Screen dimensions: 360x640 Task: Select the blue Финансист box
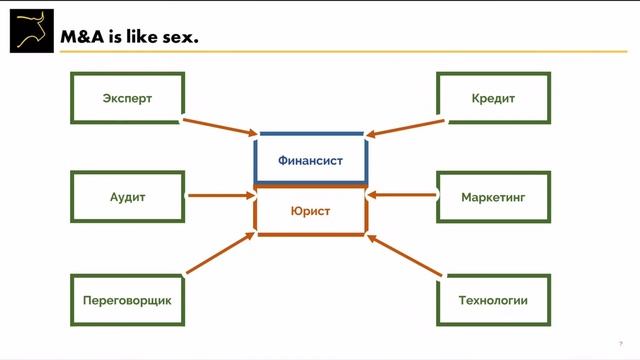pyautogui.click(x=310, y=158)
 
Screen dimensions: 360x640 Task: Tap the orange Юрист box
pyautogui.click(x=310, y=211)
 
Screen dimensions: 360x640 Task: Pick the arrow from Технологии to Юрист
pyautogui.click(x=404, y=254)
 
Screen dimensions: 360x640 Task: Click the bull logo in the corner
pyautogui.click(x=31, y=29)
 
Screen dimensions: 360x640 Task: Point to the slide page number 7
pyautogui.click(x=621, y=342)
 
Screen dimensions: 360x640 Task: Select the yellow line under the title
pyautogui.click(x=400, y=50)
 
